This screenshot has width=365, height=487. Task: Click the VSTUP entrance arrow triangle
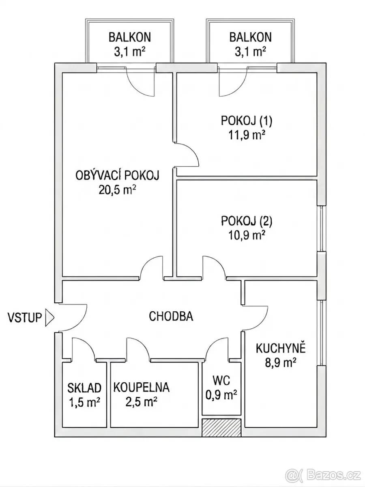coord(49,317)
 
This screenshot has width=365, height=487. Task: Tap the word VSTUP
coord(25,317)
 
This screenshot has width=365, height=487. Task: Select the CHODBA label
coord(171,316)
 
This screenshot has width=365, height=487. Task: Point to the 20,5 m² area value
coord(117,190)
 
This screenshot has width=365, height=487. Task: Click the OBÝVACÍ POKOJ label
coord(118,175)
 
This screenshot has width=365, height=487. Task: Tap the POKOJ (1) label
coord(247,121)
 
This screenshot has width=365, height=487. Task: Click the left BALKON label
coord(130,37)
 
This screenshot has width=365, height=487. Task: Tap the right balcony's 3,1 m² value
coord(250,52)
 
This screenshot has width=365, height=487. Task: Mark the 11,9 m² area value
coord(247,135)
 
